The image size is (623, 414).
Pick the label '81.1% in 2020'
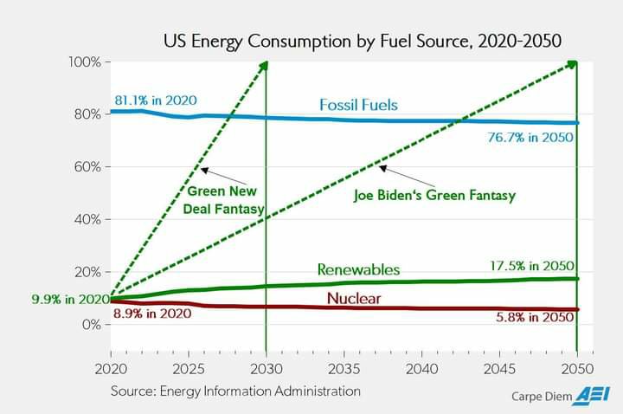(x=156, y=100)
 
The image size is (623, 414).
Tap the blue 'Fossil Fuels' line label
(x=358, y=105)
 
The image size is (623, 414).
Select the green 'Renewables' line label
(x=358, y=269)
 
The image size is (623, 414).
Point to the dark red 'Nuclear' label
(x=354, y=300)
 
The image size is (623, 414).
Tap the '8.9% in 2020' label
(x=152, y=314)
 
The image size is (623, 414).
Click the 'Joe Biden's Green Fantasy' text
(x=434, y=196)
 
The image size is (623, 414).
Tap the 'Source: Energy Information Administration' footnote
(x=235, y=391)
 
